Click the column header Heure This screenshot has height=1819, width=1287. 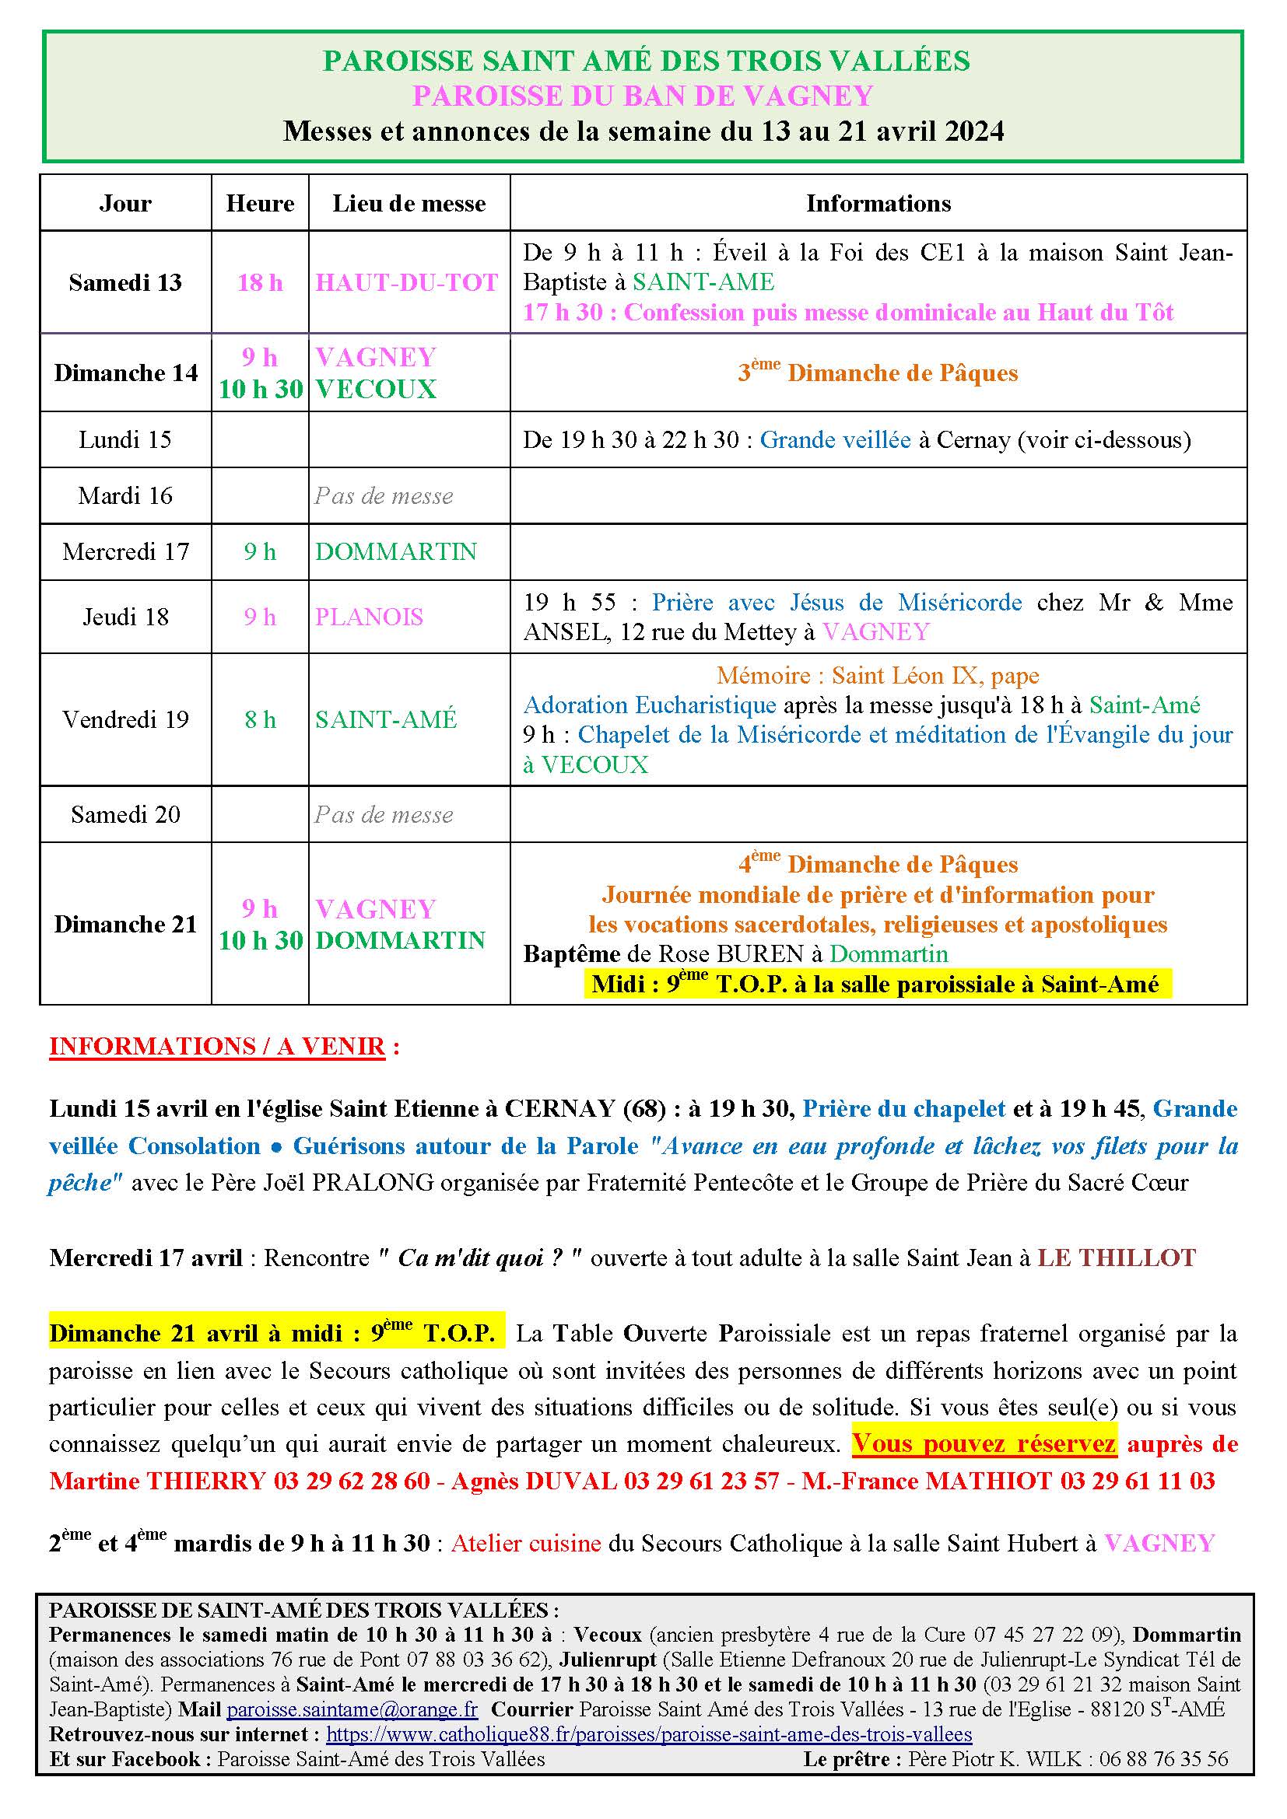tap(260, 204)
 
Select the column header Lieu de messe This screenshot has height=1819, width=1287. tap(409, 204)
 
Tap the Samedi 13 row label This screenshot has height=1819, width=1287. tap(125, 282)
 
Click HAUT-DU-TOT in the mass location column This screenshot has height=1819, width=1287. tap(406, 282)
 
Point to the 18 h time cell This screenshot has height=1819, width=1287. tap(260, 282)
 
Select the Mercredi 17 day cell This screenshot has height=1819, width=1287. tap(125, 551)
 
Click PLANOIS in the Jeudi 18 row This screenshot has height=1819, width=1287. tap(370, 617)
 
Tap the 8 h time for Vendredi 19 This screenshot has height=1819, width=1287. tap(260, 719)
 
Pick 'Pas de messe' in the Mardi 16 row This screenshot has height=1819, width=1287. tap(384, 496)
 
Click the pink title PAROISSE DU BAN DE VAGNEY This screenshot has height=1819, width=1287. tap(643, 96)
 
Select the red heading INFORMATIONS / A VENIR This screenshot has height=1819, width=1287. tap(217, 1047)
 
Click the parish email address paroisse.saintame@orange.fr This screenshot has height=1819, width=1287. tap(352, 1709)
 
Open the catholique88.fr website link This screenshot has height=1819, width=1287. tap(649, 1733)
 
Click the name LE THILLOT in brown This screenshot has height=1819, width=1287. tap(1116, 1258)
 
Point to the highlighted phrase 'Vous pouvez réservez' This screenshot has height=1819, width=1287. tap(984, 1443)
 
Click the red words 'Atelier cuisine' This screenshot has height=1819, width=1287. tap(526, 1542)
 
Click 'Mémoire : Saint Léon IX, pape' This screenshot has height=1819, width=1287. tap(878, 676)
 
